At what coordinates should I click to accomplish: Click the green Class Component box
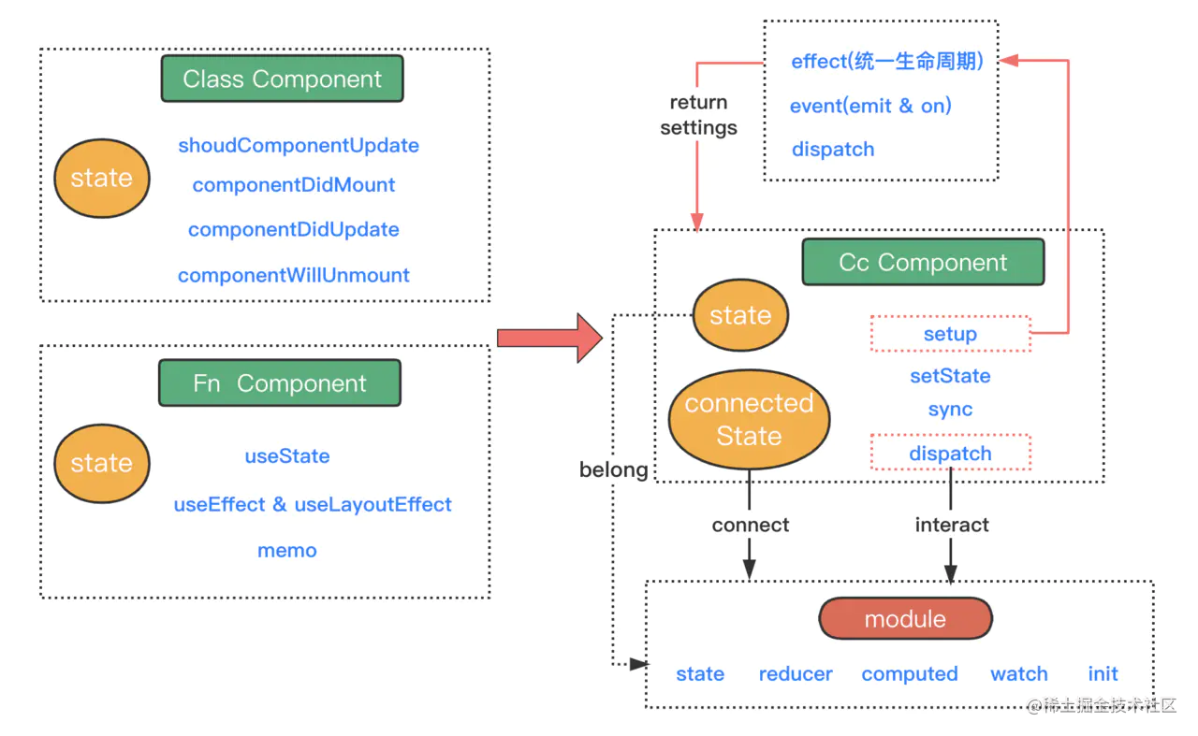(282, 79)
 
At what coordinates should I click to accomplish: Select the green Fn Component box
(280, 382)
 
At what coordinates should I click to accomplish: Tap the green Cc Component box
(923, 262)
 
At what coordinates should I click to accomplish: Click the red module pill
(905, 618)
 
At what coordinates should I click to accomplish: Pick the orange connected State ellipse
(750, 420)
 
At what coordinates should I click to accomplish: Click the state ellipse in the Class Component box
(102, 178)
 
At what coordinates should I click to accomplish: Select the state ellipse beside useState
(102, 464)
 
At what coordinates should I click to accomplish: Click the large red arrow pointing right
(549, 339)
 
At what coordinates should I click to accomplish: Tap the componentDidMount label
(294, 185)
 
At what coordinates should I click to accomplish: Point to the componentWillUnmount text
(294, 275)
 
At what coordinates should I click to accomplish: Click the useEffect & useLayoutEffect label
(313, 505)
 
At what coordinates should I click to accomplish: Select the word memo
(287, 551)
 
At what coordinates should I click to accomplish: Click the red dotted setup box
(950, 334)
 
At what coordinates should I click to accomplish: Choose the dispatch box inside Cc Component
(950, 453)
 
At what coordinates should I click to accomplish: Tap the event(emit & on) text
(870, 106)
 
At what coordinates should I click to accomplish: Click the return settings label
(698, 115)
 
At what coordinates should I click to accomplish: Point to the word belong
(613, 469)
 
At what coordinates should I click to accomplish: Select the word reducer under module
(796, 674)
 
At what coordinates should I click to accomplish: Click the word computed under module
(910, 674)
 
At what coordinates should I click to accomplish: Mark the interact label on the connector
(952, 525)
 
